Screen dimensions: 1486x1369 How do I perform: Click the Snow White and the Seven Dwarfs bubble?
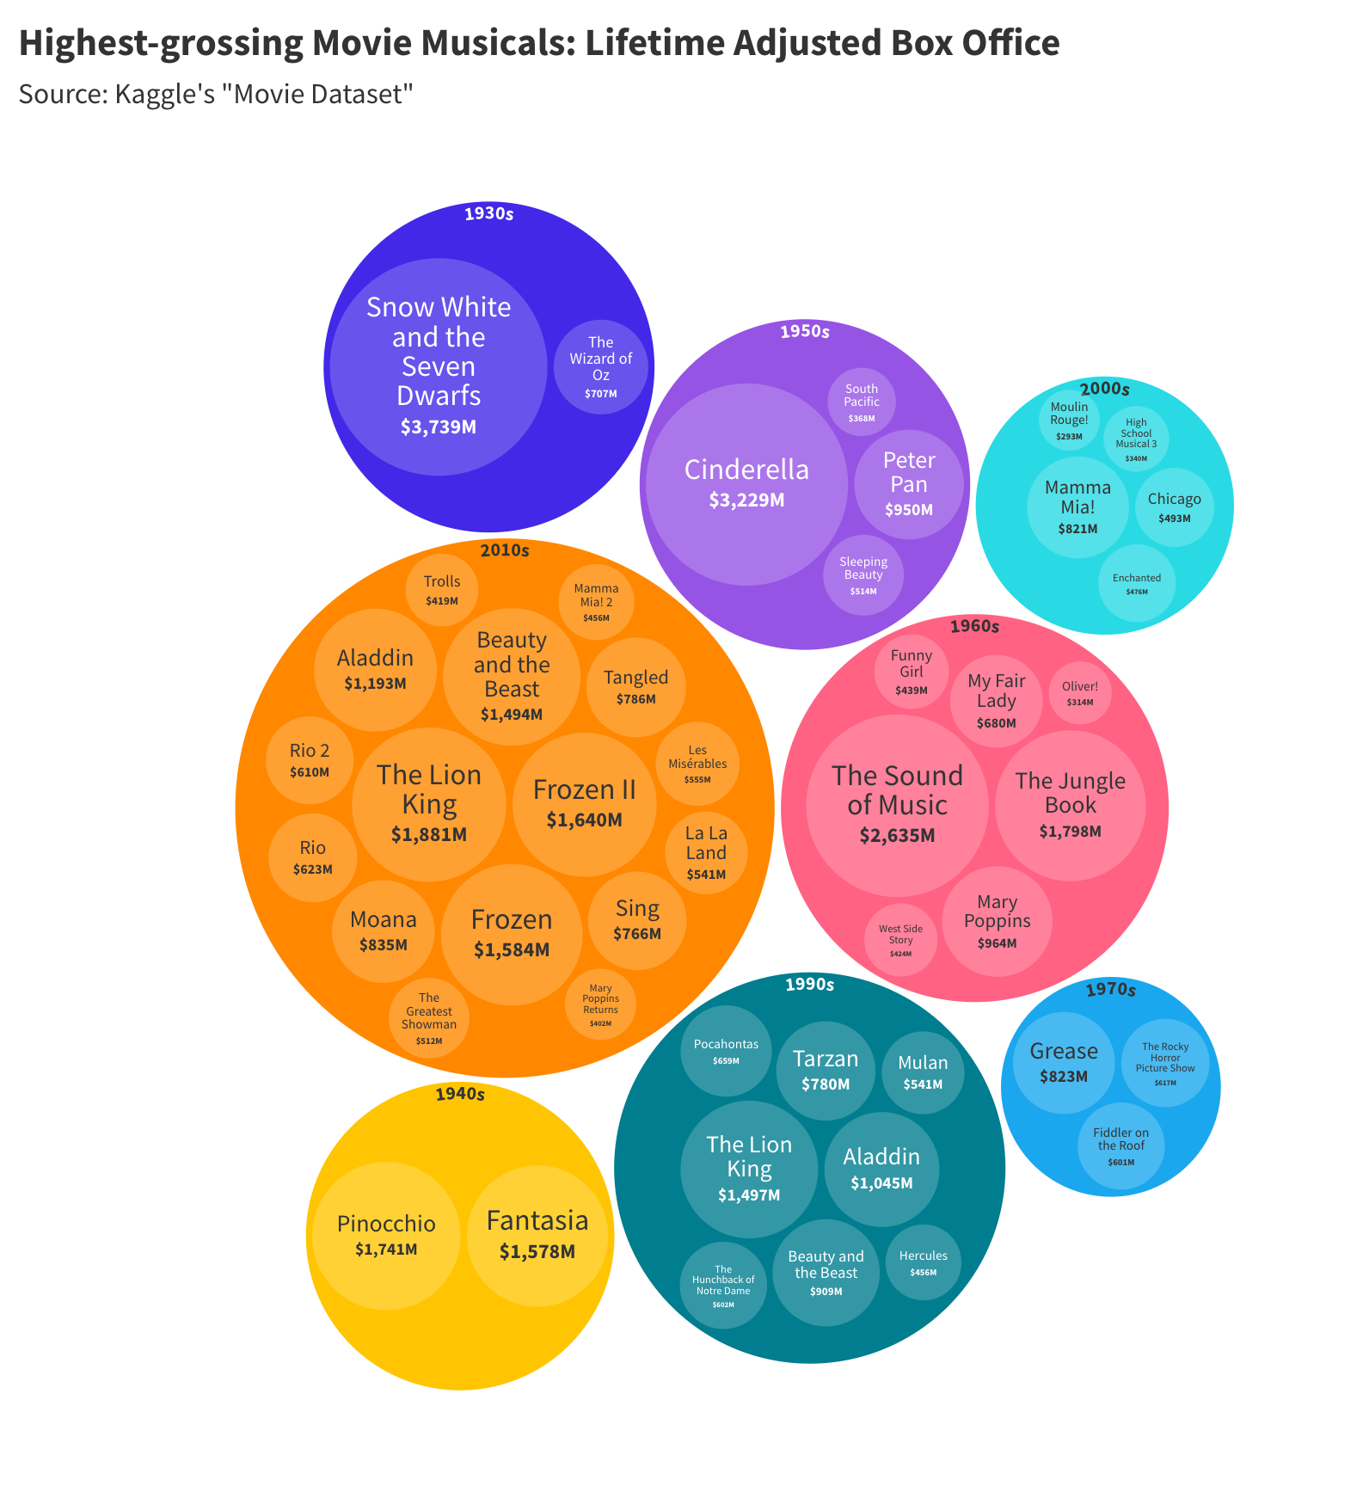439,367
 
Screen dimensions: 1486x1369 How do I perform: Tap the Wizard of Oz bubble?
600,367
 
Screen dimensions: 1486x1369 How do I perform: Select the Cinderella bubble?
746,484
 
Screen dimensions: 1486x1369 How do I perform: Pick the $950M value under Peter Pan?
909,510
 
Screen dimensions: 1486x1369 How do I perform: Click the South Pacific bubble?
861,402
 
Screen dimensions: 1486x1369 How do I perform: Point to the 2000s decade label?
1104,389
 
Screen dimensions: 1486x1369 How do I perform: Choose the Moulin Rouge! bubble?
1069,420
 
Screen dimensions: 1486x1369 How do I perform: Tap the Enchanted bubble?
1137,583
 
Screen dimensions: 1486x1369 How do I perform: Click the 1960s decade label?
974,627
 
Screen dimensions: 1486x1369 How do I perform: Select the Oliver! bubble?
1080,693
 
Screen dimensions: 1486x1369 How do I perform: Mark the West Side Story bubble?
900,940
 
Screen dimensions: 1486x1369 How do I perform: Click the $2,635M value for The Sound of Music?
897,836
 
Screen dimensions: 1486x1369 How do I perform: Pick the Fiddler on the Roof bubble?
1120,1146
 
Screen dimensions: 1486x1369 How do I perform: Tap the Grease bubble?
1064,1061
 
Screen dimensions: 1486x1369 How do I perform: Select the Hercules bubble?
924,1262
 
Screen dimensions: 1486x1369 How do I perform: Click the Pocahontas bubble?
726,1051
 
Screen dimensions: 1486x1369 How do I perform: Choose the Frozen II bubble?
585,803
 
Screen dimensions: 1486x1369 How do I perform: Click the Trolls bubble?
442,588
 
